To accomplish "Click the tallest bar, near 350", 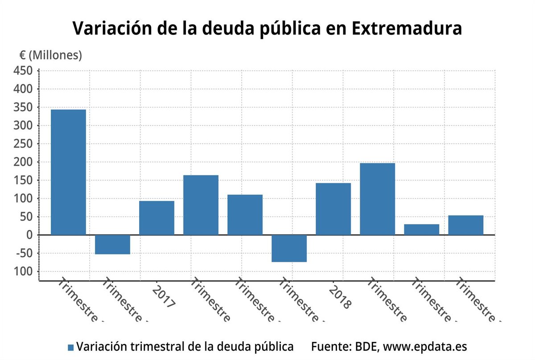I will [x=68, y=172].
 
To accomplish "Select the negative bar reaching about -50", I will [x=112, y=245].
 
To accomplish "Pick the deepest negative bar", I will [x=289, y=248].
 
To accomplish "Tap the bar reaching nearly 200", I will [x=377, y=199].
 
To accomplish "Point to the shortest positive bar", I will [x=421, y=229].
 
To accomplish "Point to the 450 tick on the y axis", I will [x=24, y=71].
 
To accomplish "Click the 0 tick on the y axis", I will [x=29, y=235].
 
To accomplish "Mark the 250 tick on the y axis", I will [x=24, y=144].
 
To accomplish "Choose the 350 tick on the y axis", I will [x=24, y=107].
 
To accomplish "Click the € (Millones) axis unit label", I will [x=50, y=55].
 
